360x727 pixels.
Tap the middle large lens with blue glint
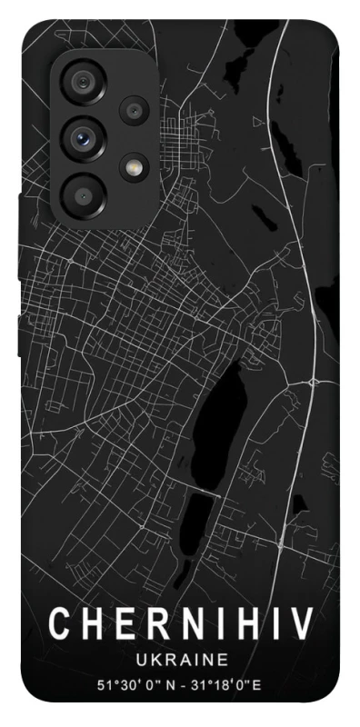[x=84, y=138]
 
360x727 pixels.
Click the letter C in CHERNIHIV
[x=60, y=625]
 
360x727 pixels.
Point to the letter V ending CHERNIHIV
[x=302, y=625]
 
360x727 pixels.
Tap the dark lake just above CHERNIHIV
[x=201, y=518]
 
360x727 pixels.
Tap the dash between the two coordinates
[x=185, y=682]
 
